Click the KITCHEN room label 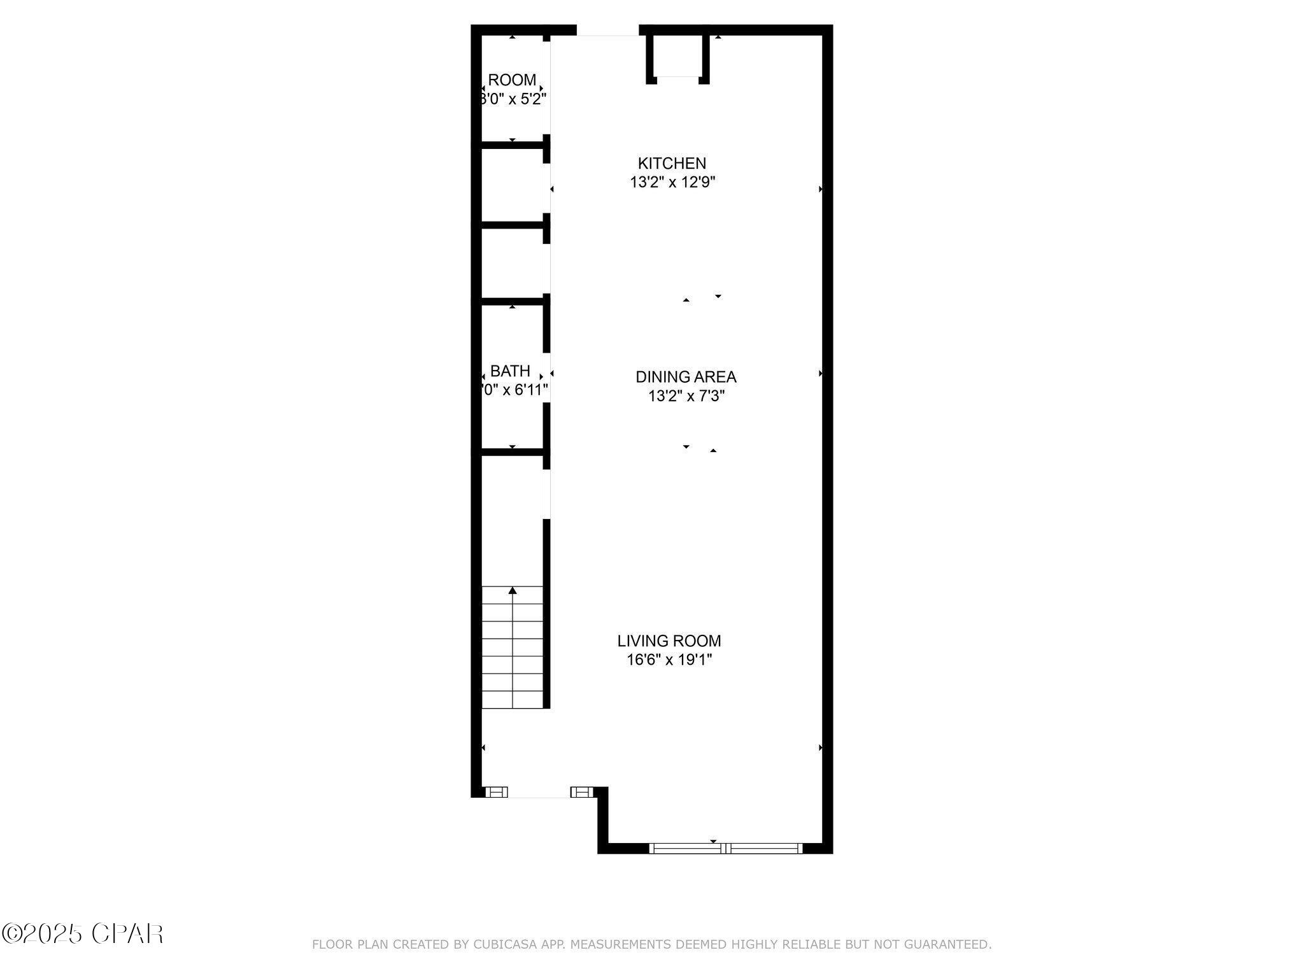[x=672, y=163]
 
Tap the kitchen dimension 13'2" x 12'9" [x=672, y=183]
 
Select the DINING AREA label [x=686, y=377]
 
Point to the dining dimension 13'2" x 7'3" [x=686, y=397]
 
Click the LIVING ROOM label [x=669, y=641]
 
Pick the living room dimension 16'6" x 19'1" [x=669, y=660]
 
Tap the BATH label [x=510, y=371]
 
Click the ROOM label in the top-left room [x=512, y=80]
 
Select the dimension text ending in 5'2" [x=513, y=99]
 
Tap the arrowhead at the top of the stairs [x=513, y=591]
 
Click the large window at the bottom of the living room [x=725, y=848]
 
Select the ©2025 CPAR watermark [x=82, y=934]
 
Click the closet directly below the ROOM [x=512, y=185]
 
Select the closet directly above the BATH [x=512, y=262]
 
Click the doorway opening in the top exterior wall [x=607, y=30]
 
